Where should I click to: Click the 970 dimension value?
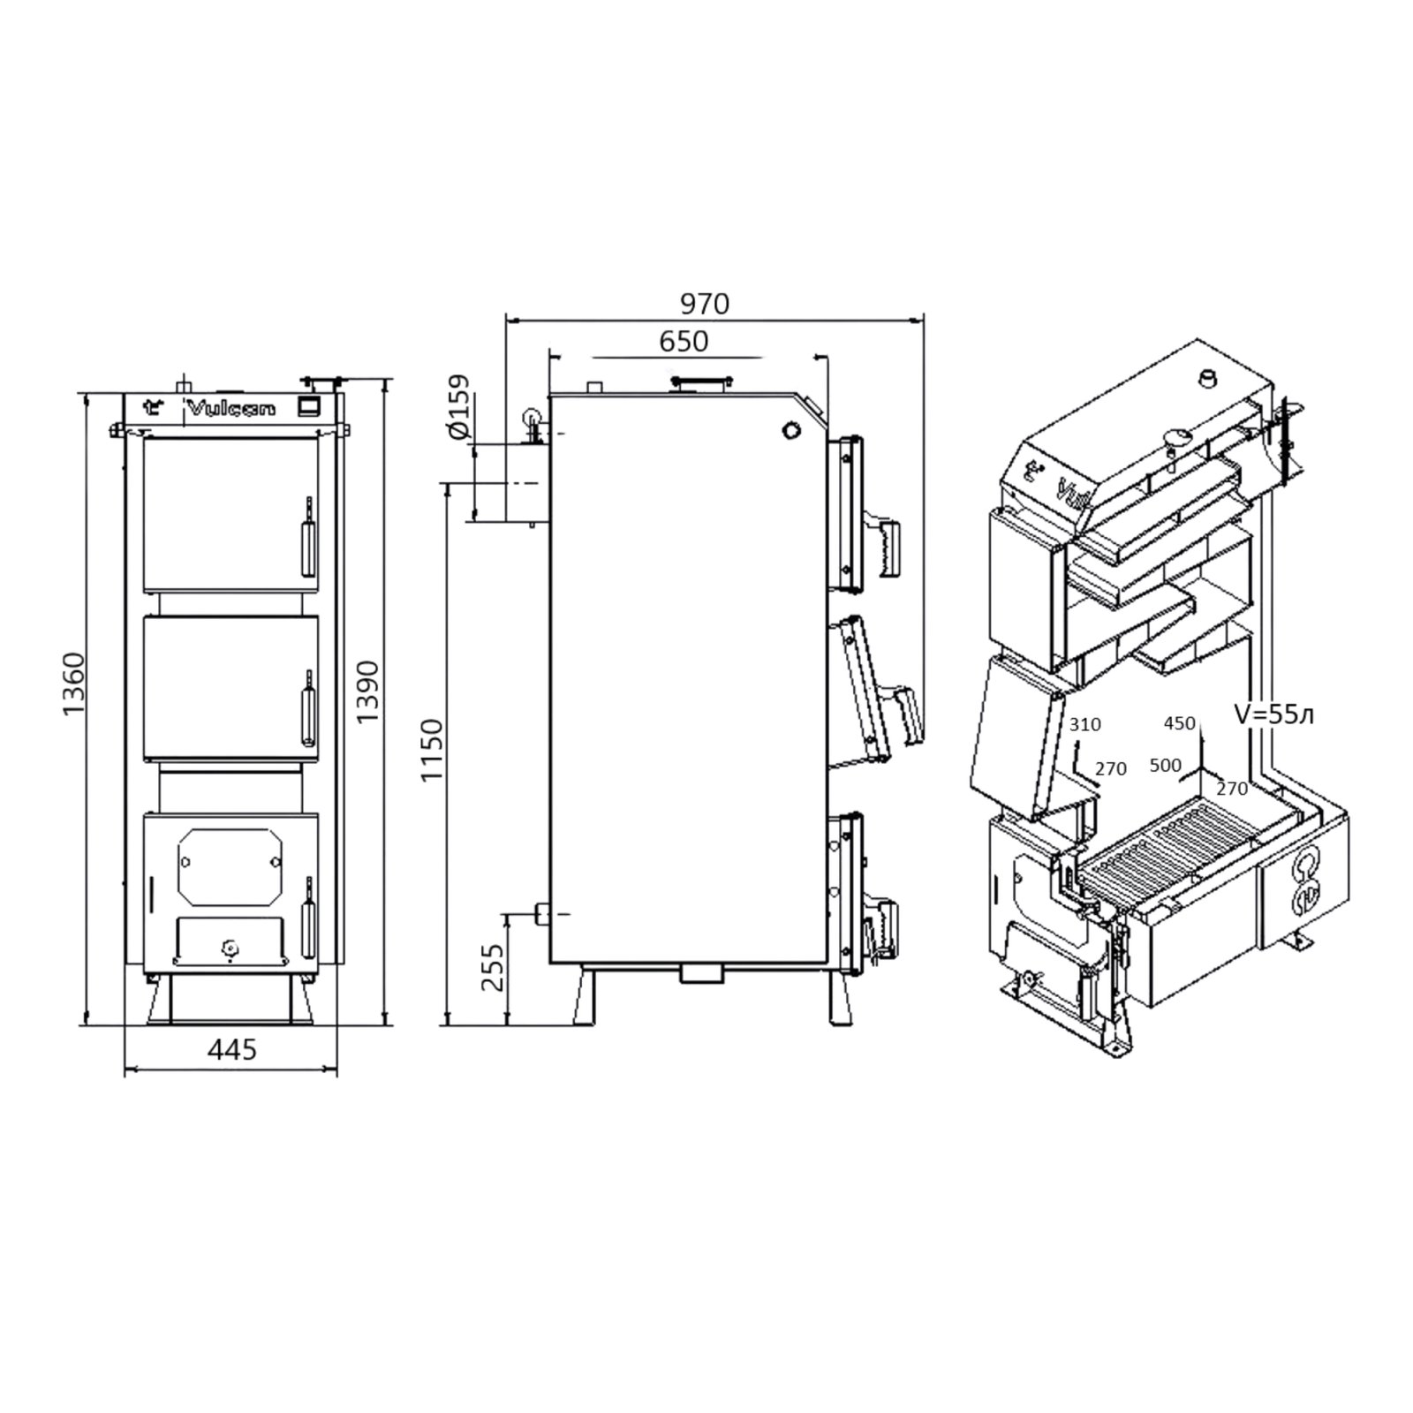[x=705, y=304]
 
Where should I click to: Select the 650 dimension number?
[x=684, y=341]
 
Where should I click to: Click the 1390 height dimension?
[x=366, y=691]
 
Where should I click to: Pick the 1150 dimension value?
[x=431, y=751]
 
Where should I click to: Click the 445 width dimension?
[x=232, y=1049]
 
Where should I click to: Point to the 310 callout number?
[x=1085, y=725]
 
